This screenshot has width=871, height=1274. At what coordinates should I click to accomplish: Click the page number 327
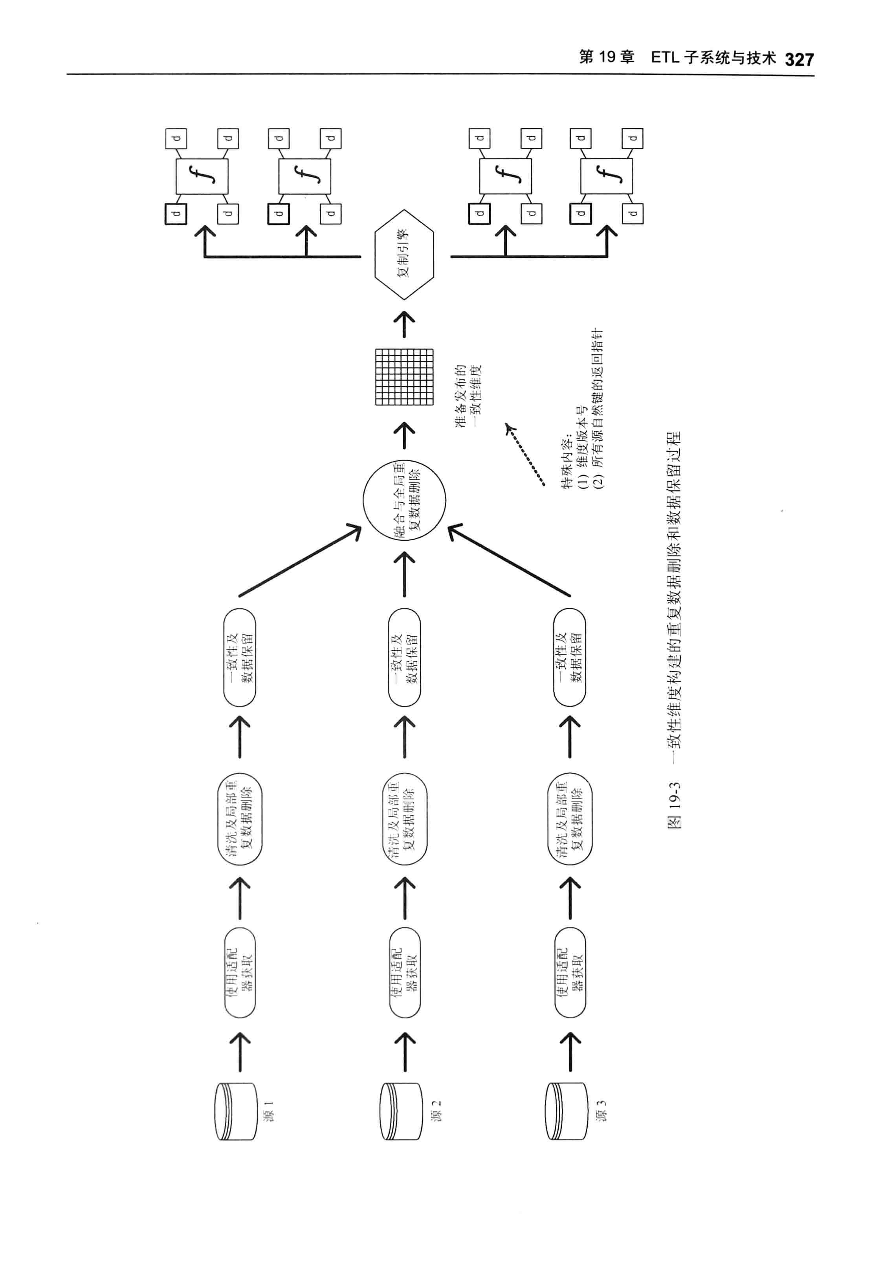(799, 59)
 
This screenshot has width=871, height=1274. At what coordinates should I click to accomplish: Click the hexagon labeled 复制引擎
(404, 255)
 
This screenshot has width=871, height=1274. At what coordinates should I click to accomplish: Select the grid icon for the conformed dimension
(404, 377)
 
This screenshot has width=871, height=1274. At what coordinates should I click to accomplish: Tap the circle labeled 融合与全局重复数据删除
(404, 499)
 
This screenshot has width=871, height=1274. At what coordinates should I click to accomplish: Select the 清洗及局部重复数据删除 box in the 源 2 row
(405, 819)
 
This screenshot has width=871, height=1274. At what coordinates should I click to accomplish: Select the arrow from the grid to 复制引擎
(404, 324)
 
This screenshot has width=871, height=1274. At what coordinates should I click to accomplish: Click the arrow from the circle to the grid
(404, 436)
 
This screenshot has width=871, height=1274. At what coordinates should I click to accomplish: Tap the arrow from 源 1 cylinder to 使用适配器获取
(240, 1051)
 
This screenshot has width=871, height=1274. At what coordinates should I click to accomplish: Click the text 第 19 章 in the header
(607, 57)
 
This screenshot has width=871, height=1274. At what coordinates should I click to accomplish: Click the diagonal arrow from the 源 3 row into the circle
(510, 560)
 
